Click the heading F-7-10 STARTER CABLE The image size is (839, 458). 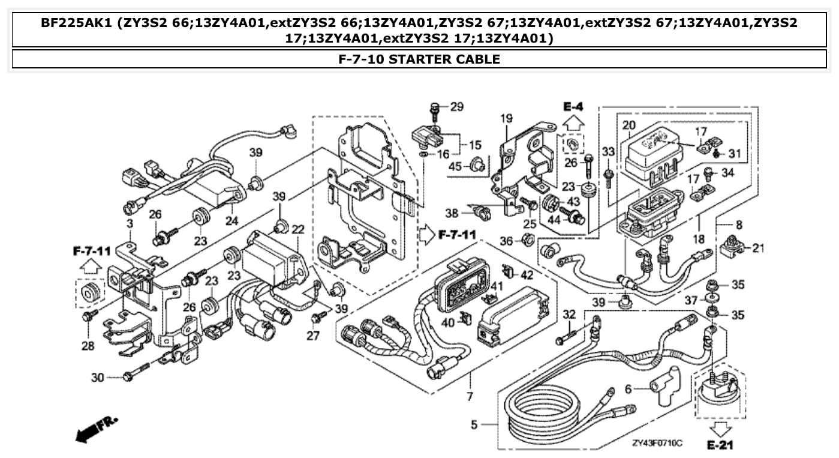click(x=419, y=59)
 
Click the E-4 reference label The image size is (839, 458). click(x=573, y=107)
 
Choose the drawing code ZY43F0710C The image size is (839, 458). click(x=657, y=443)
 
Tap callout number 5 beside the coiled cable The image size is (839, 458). click(x=474, y=425)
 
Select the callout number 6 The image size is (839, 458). click(x=628, y=389)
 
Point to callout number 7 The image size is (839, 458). click(x=470, y=396)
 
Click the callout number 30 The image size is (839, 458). click(x=97, y=377)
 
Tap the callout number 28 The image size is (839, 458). click(x=88, y=346)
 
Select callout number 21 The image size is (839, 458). click(x=759, y=247)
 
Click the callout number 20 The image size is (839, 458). click(x=628, y=125)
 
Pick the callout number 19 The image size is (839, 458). click(x=507, y=119)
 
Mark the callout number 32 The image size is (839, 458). click(x=569, y=313)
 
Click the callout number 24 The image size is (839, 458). click(x=232, y=220)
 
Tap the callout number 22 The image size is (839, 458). click(x=298, y=229)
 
